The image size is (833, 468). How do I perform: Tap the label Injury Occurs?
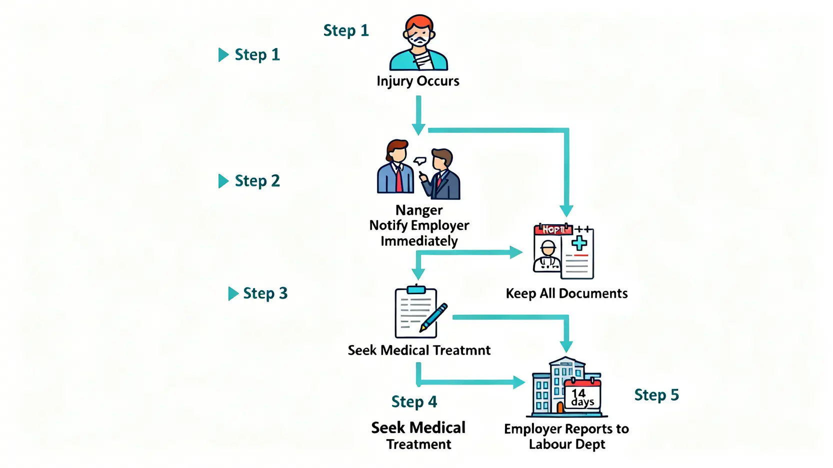click(x=417, y=81)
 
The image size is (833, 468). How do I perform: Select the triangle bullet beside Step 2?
click(x=223, y=181)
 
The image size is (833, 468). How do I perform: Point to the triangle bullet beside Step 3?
click(x=232, y=294)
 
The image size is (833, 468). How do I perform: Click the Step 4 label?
click(x=414, y=402)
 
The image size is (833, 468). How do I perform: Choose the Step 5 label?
click(x=656, y=395)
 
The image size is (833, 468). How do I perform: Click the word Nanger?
click(x=418, y=210)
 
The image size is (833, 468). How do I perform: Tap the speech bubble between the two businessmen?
click(x=420, y=161)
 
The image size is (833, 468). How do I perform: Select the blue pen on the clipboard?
click(x=433, y=317)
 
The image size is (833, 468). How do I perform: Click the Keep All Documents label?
click(x=566, y=293)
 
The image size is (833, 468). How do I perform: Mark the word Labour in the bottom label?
click(x=550, y=445)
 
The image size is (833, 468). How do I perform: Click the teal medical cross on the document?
click(x=579, y=243)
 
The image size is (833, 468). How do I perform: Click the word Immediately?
click(x=419, y=241)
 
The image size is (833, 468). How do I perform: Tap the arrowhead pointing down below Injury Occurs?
click(x=418, y=129)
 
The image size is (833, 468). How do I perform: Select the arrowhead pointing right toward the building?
click(x=519, y=383)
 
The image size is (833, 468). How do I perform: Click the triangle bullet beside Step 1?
click(x=223, y=54)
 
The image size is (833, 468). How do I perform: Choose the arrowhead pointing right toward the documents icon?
click(x=515, y=252)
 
